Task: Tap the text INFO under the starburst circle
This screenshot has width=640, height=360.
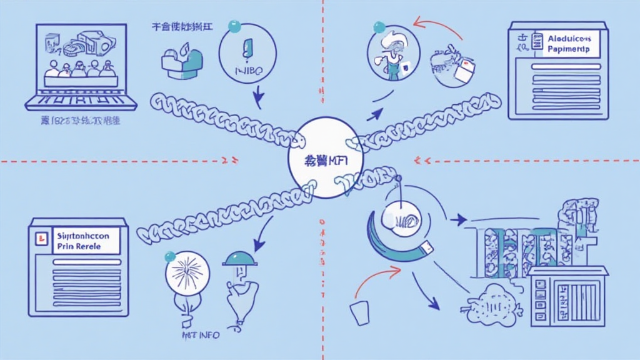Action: [x=208, y=336]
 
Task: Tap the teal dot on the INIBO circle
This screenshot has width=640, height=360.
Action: [x=235, y=26]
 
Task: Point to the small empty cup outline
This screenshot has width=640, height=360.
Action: [x=360, y=312]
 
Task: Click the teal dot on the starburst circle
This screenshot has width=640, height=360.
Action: [x=169, y=256]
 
